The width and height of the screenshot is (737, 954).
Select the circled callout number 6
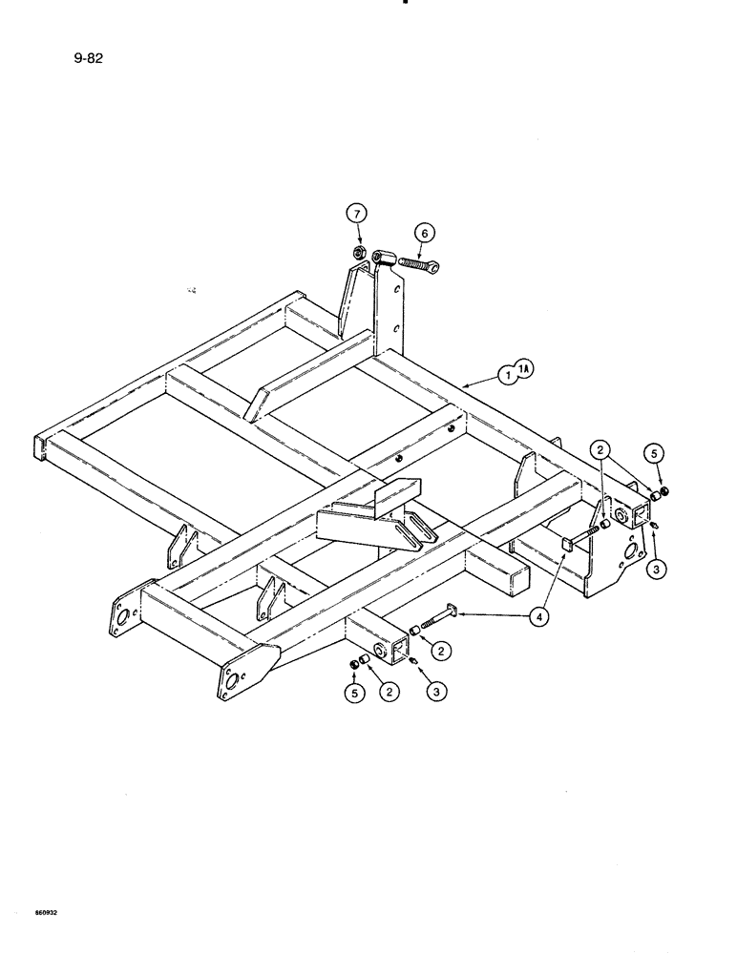click(424, 232)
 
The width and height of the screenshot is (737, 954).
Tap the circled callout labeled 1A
click(525, 368)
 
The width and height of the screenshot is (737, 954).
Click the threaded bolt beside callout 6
click(418, 263)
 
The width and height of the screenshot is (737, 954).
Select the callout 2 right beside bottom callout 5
click(389, 692)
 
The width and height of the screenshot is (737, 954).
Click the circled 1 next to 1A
click(506, 377)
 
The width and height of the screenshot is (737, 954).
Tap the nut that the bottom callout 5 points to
click(353, 662)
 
